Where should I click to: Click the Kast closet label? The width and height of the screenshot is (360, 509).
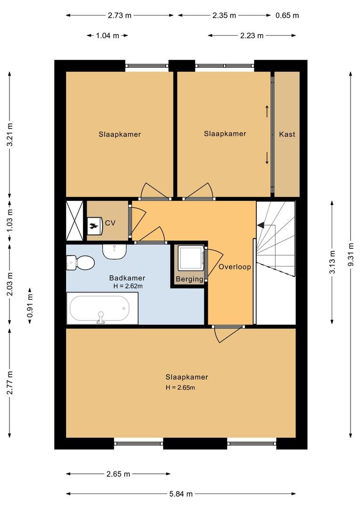pos(287,134)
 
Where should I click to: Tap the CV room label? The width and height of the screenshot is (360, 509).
pos(110,223)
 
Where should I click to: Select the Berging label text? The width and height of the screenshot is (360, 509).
pos(189,279)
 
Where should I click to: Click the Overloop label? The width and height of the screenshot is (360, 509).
pos(235,267)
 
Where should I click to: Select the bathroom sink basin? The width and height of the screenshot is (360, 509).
pos(115,251)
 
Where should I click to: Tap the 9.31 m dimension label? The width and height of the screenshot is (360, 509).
pos(350,254)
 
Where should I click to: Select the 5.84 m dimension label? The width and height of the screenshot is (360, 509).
pos(181,494)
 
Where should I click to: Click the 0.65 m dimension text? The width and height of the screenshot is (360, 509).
pos(287,15)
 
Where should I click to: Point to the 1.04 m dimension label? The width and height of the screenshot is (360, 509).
pos(107,35)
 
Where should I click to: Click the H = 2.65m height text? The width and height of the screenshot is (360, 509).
pos(180,388)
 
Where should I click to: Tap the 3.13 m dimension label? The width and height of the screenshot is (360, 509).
pos(332,262)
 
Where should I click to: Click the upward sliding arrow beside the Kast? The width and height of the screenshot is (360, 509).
pos(267,111)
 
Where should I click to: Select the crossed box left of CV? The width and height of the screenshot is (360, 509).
pos(75,221)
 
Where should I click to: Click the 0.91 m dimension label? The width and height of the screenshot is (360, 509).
pos(30,305)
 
